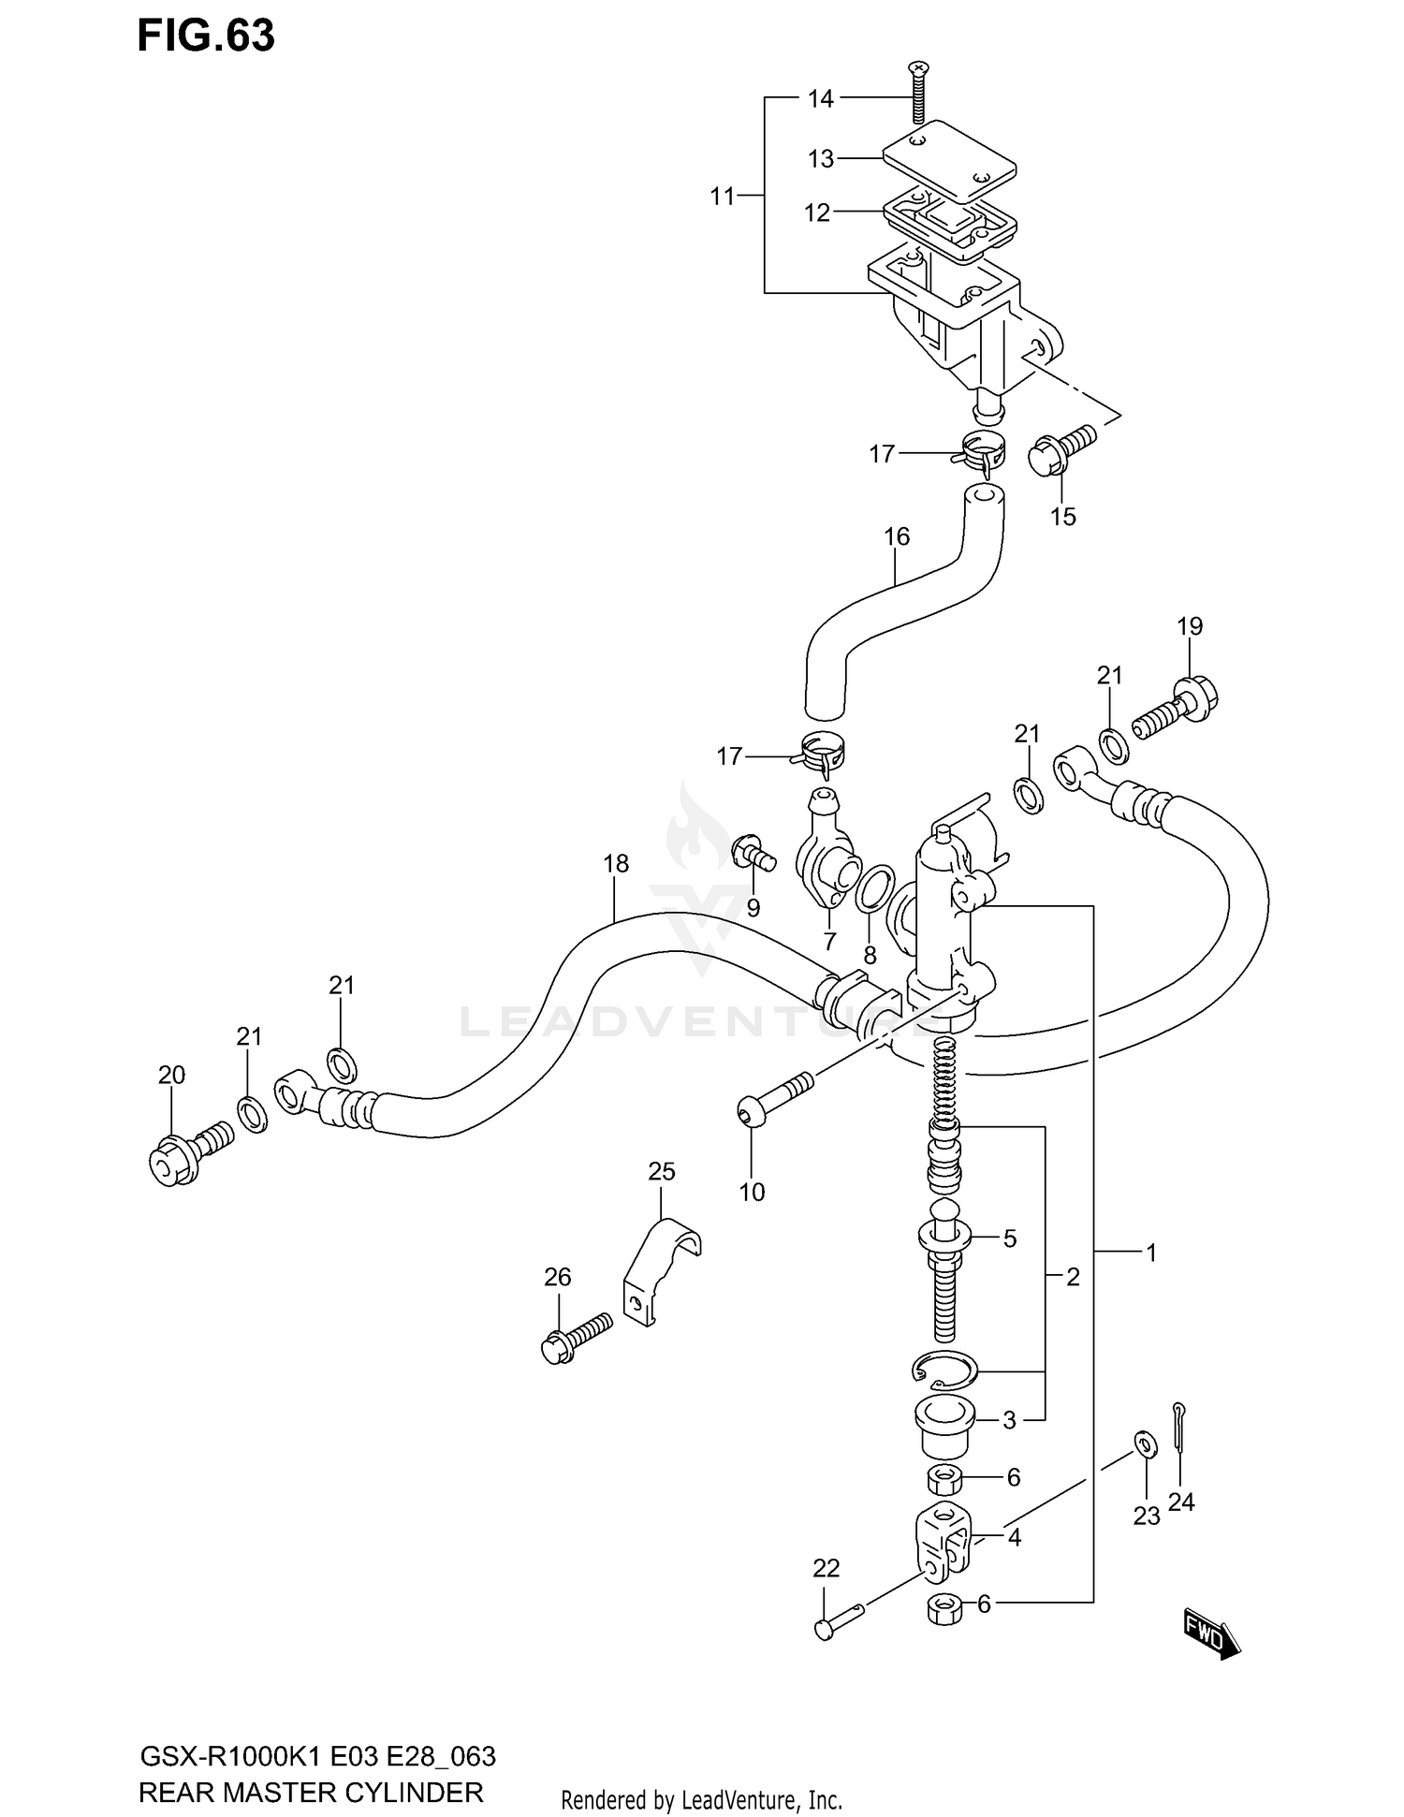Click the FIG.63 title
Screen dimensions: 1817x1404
206,36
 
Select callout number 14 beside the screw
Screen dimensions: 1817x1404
820,98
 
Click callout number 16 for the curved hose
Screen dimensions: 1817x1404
896,537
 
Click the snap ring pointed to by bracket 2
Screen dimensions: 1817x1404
943,1372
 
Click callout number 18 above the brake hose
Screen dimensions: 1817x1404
616,863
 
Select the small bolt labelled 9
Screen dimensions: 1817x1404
752,854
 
